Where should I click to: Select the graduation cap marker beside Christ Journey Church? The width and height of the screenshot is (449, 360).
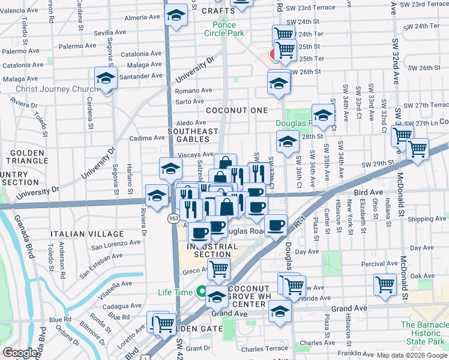tap(105, 79)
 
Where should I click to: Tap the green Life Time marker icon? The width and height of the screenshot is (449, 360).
tap(202, 293)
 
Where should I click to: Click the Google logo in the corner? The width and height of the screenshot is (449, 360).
tap(20, 353)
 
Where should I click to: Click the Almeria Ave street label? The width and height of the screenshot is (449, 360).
tap(142, 17)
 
